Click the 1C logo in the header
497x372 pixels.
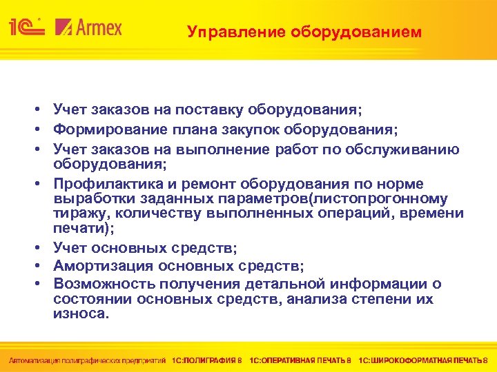click(26, 28)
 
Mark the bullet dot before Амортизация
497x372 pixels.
click(42, 265)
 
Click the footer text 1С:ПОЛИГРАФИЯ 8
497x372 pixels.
click(207, 360)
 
